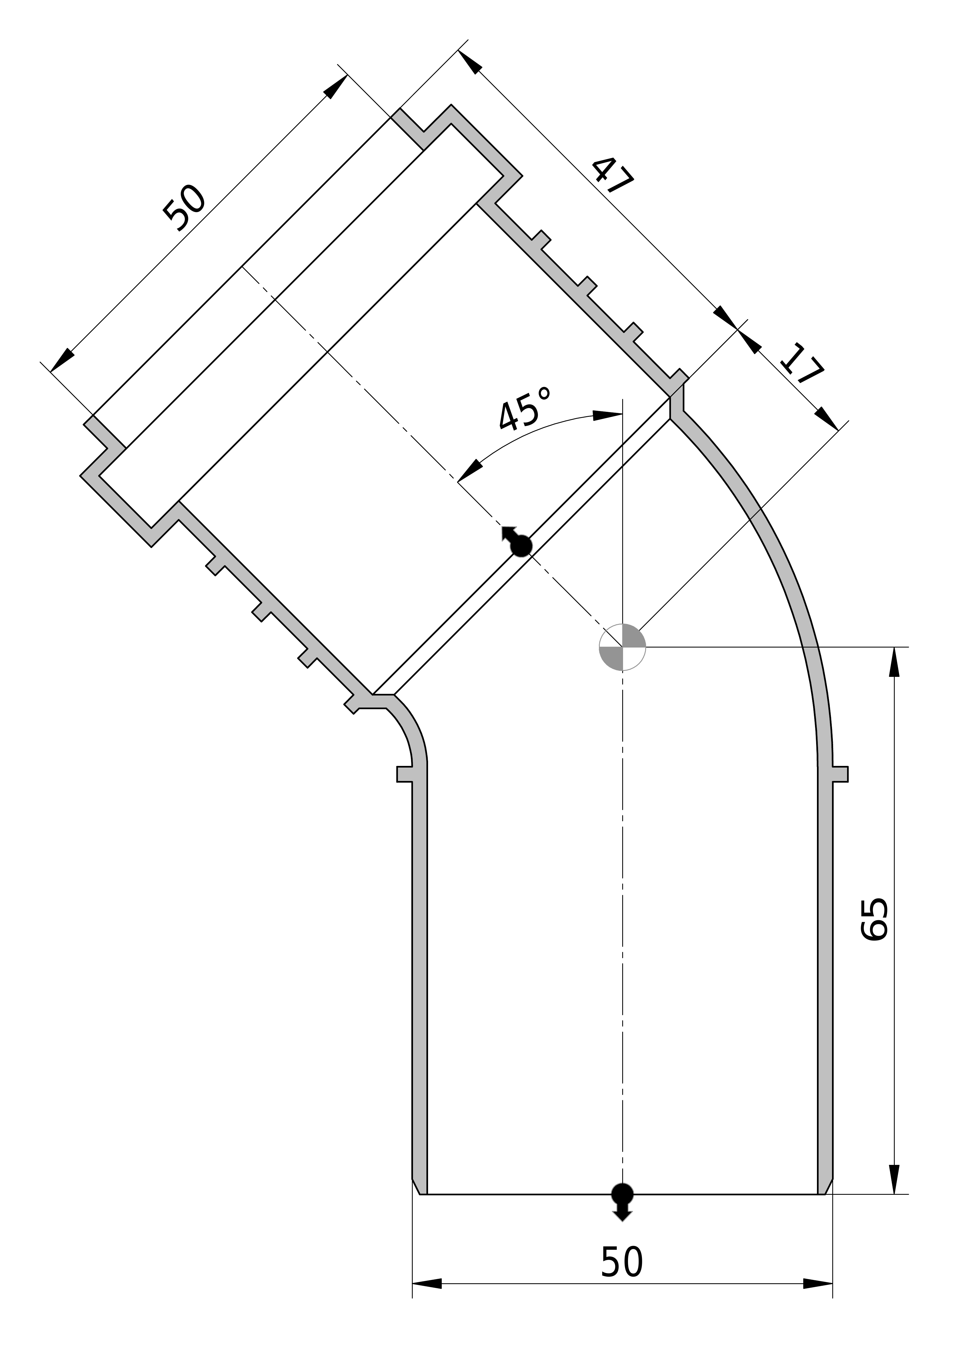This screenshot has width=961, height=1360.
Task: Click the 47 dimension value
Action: point(613,175)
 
